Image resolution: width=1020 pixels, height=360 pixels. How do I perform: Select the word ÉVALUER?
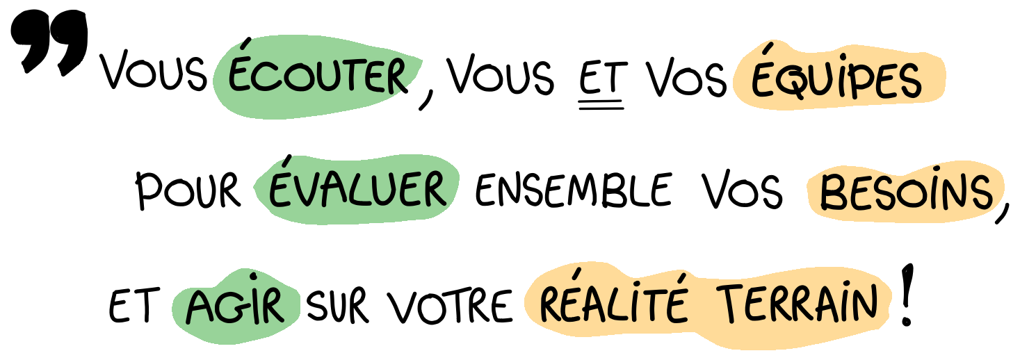pos(357,189)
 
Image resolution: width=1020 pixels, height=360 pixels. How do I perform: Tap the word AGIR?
pos(235,306)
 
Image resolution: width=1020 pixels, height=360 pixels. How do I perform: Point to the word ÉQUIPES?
pos(836,79)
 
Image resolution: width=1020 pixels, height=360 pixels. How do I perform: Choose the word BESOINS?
pos(905,193)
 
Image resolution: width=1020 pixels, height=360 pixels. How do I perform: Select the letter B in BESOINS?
pos(833,193)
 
